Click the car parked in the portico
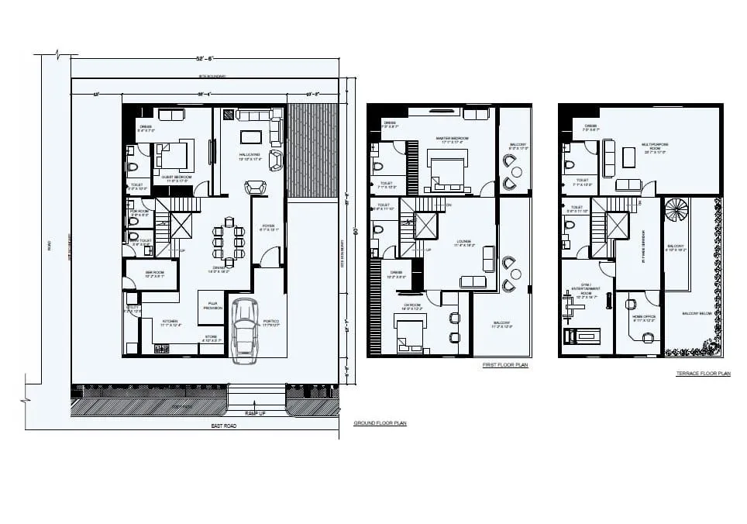[245, 329]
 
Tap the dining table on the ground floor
[229, 242]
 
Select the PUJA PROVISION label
[213, 306]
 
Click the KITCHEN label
[170, 322]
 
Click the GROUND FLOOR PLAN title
[380, 423]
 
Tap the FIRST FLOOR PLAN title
[505, 364]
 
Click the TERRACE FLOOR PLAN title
[703, 374]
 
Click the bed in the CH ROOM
[410, 336]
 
